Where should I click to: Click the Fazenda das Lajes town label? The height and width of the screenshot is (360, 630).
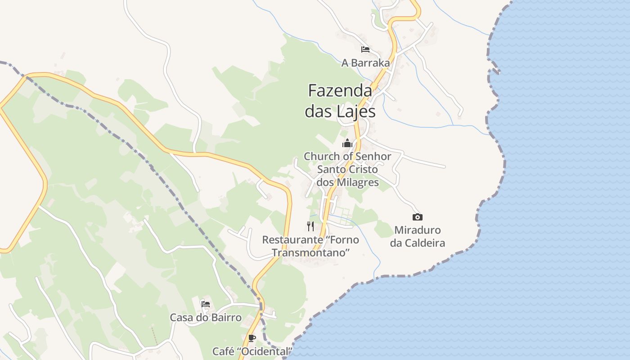(x=340, y=101)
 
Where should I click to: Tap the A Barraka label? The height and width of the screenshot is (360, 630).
(x=365, y=63)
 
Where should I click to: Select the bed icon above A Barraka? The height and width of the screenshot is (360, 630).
(x=365, y=49)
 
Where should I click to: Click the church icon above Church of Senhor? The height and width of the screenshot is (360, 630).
(x=347, y=143)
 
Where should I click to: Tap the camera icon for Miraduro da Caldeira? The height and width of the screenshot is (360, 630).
(x=418, y=217)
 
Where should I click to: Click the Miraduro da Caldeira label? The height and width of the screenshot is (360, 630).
(x=418, y=237)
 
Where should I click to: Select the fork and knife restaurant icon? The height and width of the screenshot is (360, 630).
(x=310, y=226)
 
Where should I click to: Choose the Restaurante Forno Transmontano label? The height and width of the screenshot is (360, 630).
(x=310, y=246)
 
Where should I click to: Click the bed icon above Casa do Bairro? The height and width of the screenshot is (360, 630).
(x=206, y=304)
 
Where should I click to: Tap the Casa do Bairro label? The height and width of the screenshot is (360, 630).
(x=206, y=318)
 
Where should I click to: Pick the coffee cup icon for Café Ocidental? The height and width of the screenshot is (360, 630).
(x=252, y=338)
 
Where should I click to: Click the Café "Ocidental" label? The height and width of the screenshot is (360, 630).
(x=252, y=351)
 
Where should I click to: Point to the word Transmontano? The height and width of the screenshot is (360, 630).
(x=310, y=253)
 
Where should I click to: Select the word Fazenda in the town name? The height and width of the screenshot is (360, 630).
(x=340, y=91)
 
